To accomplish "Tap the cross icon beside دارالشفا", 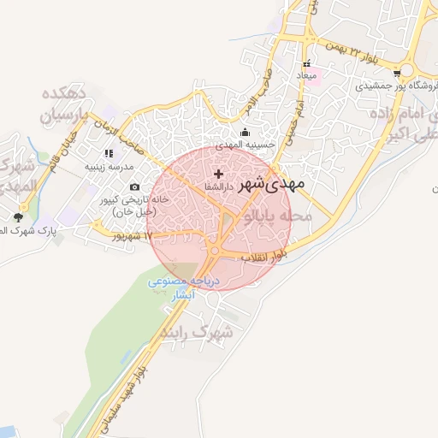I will pos(218,174).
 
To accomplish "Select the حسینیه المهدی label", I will pos(246,145).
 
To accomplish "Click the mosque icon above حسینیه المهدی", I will pos(246,132).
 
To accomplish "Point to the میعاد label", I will pos(306,77).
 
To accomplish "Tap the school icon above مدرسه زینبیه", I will pos(108,153).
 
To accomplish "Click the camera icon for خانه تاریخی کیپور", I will pos(134,187).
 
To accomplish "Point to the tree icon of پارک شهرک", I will pos(19,217).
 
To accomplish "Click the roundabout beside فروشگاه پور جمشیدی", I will pos(410,69).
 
